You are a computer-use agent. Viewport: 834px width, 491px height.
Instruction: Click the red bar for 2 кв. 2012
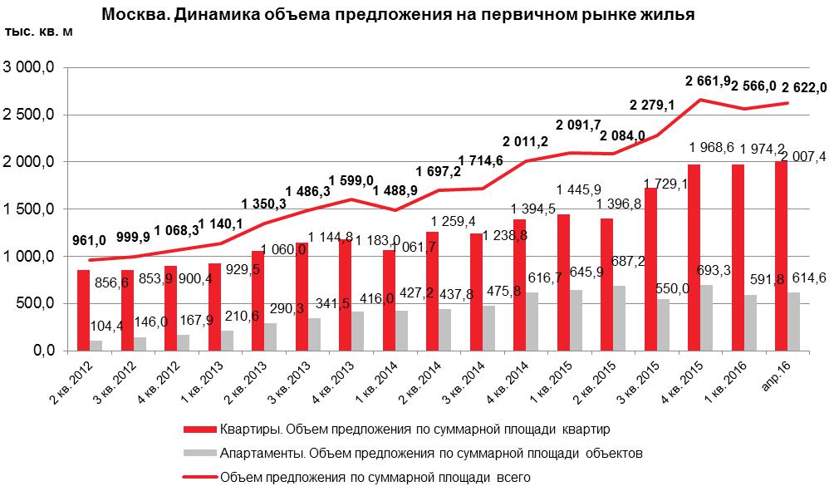tap(83, 310)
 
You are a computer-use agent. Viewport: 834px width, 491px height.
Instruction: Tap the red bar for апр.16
tap(780, 256)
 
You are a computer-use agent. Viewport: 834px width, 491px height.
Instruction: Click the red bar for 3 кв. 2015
tap(650, 269)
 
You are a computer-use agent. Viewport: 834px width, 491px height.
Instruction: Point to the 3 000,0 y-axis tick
tap(30, 67)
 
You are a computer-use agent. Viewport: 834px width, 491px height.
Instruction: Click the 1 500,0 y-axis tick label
tap(30, 209)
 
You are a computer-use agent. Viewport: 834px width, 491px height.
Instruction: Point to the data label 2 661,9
tap(708, 81)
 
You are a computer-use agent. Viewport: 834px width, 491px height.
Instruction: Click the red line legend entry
tap(375, 478)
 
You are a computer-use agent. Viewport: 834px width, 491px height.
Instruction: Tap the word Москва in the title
tap(130, 14)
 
